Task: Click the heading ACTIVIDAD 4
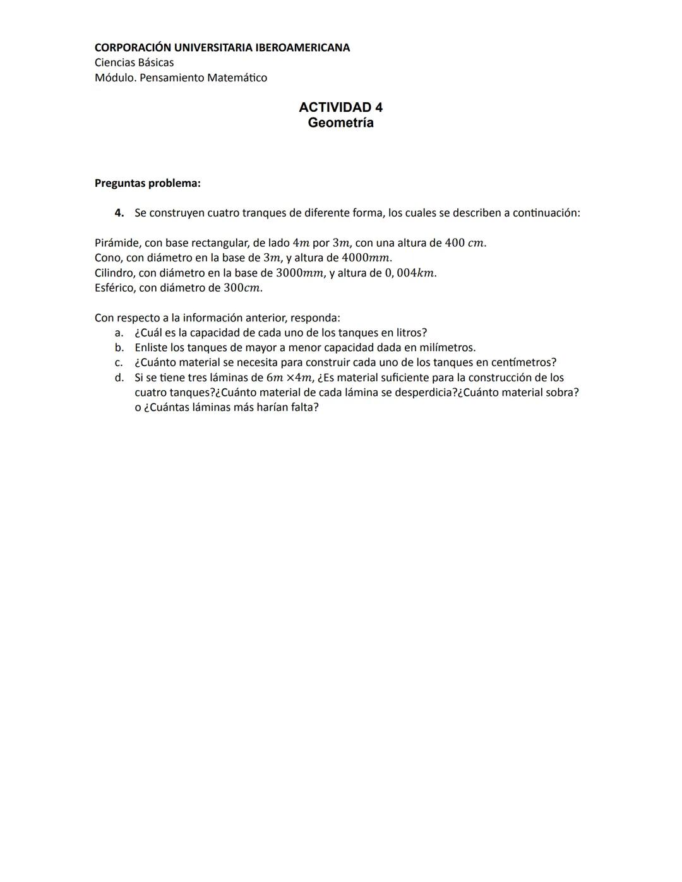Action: tap(340, 107)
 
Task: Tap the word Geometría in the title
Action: tap(340, 123)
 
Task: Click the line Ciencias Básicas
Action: tap(134, 63)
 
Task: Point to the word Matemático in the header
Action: tap(237, 78)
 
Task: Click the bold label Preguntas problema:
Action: tap(147, 183)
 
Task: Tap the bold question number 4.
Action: tap(119, 213)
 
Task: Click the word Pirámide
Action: tap(116, 243)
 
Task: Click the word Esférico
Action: tap(115, 288)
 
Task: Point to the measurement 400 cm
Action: tap(465, 243)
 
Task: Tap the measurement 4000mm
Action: tap(366, 258)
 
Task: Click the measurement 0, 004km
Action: tap(410, 273)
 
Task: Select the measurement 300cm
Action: tap(242, 288)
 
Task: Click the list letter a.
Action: tap(118, 333)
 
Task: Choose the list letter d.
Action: tap(118, 378)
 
